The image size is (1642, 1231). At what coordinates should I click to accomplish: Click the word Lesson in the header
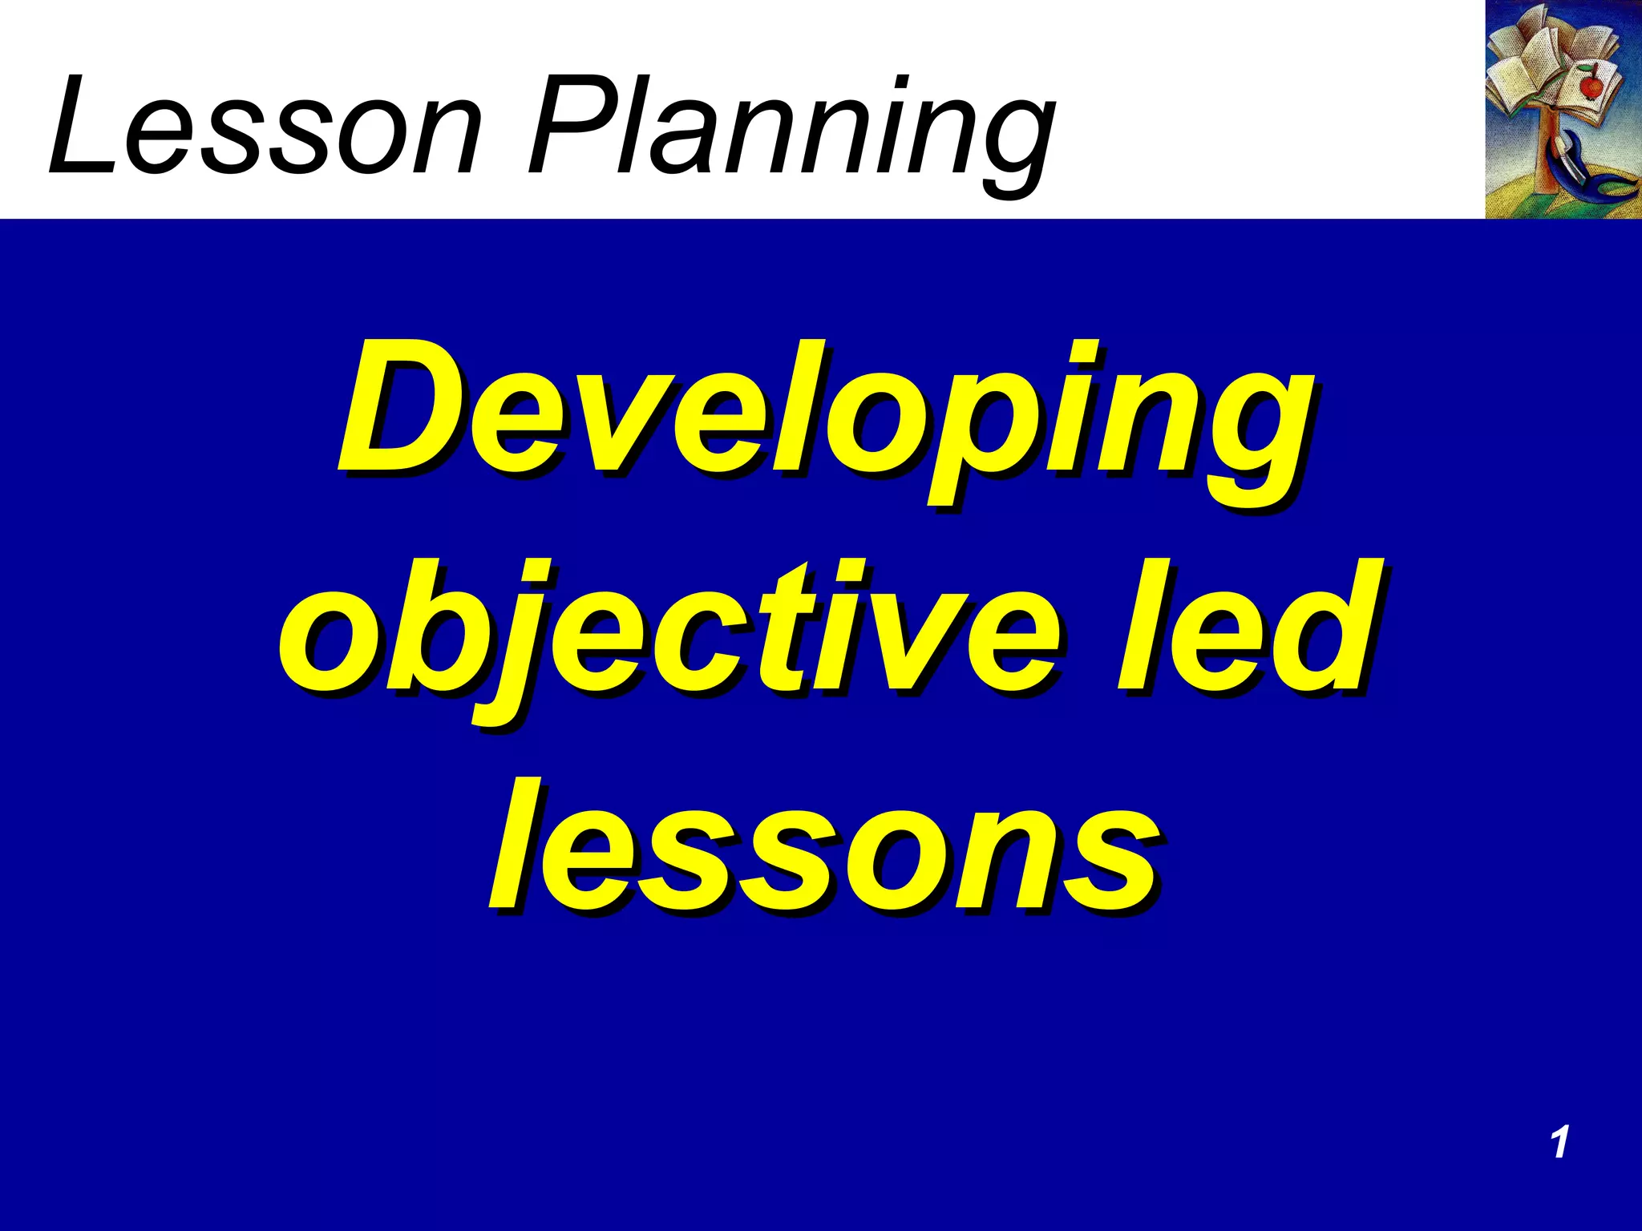(x=265, y=128)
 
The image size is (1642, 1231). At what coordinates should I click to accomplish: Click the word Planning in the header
(x=790, y=128)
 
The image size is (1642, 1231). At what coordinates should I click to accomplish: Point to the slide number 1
(x=1559, y=1142)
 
